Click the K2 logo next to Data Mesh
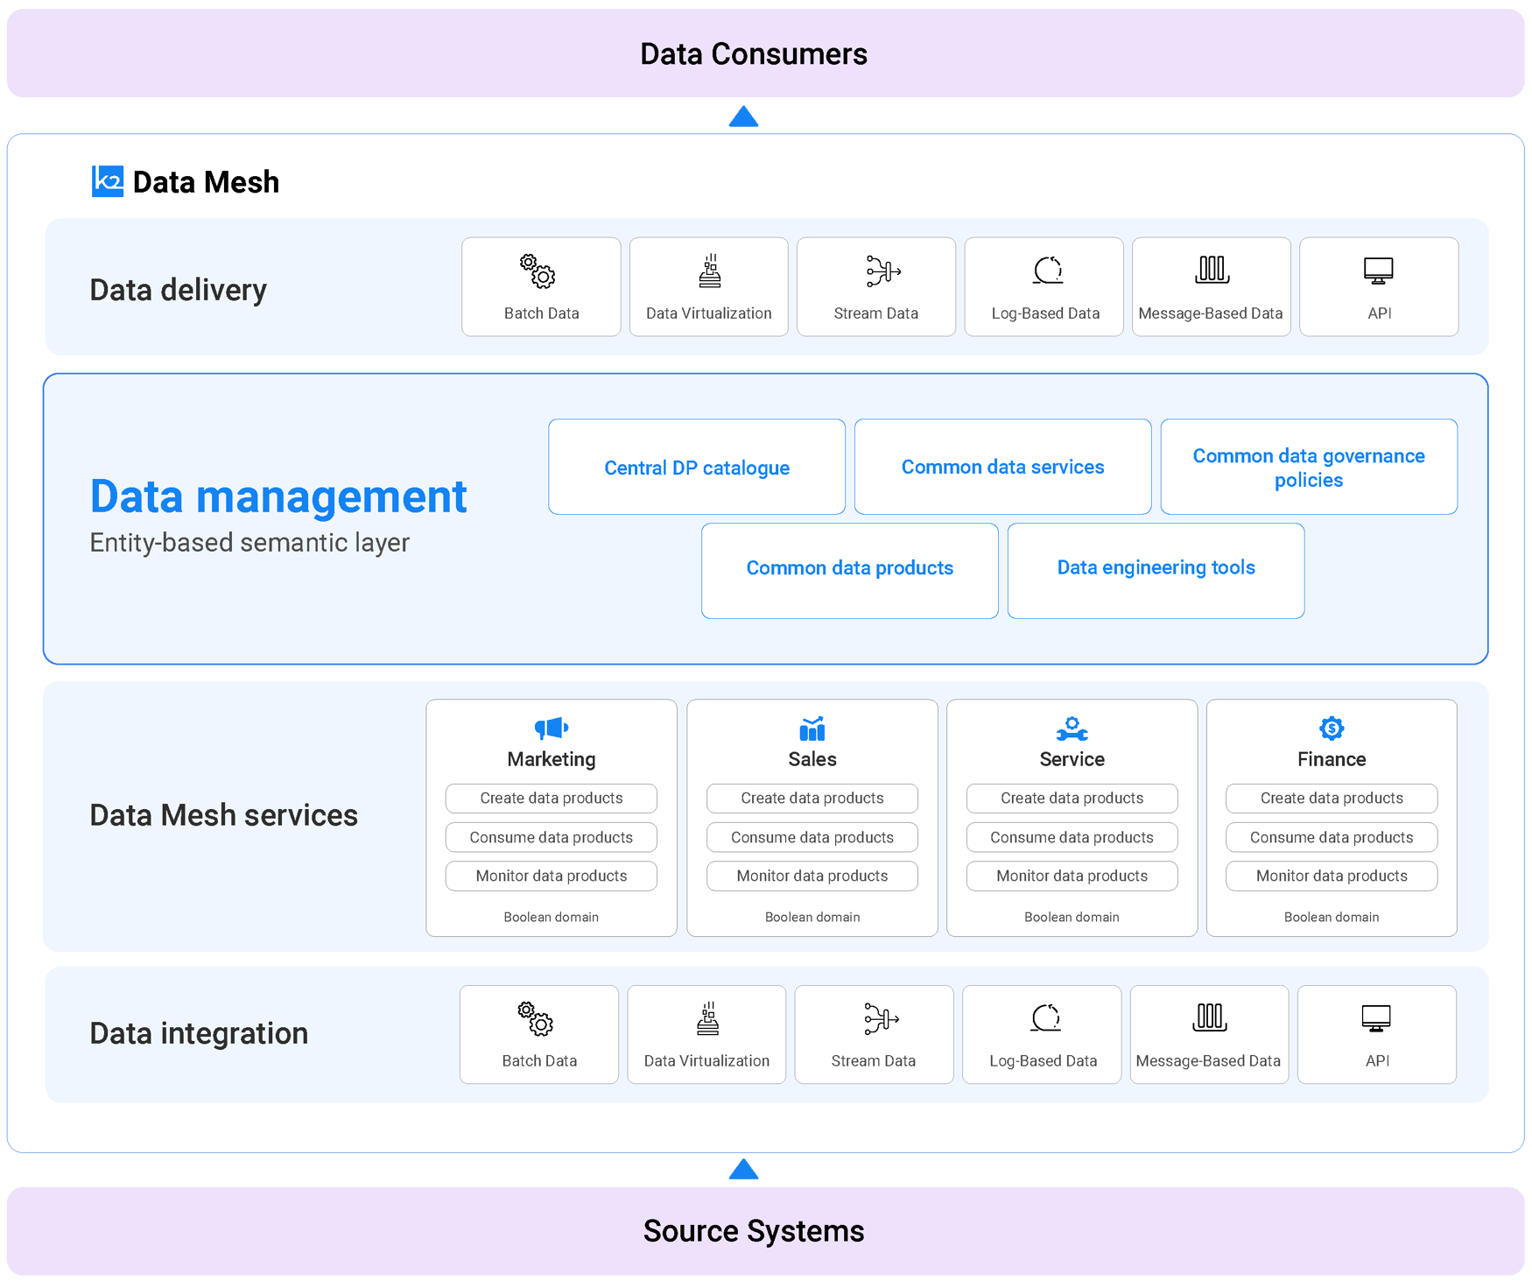[108, 181]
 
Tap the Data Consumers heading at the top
[753, 54]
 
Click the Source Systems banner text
[753, 1230]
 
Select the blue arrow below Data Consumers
[743, 117]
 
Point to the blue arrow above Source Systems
[743, 1170]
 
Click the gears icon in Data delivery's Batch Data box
[538, 271]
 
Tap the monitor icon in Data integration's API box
[1376, 1018]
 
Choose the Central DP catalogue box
[697, 467]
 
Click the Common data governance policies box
[1309, 467]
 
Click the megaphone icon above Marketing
[552, 728]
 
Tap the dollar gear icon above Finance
[1332, 728]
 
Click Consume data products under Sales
[812, 837]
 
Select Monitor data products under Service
[1072, 876]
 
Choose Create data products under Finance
[1332, 798]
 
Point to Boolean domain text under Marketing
[552, 917]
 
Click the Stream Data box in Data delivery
[875, 287]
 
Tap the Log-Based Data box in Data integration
[1042, 1035]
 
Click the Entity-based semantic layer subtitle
[249, 543]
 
